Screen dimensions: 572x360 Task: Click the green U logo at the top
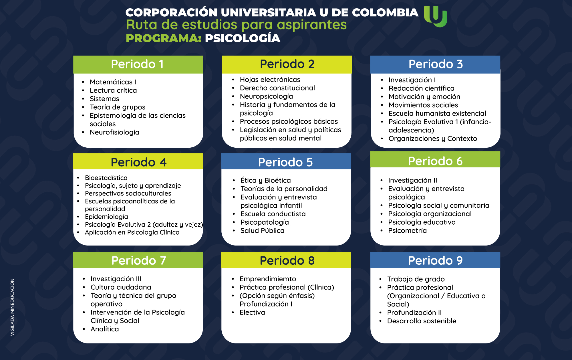point(435,16)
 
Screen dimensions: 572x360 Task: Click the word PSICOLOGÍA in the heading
point(243,38)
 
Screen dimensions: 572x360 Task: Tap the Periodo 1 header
point(138,64)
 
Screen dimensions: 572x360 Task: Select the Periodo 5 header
point(286,162)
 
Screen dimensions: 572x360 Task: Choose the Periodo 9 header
point(435,260)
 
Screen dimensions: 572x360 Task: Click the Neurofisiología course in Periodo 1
point(114,132)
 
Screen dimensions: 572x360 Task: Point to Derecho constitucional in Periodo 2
point(277,88)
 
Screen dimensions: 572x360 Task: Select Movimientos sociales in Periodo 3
point(423,105)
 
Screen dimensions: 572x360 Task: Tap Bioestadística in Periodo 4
point(106,178)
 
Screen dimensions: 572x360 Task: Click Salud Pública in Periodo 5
point(262,231)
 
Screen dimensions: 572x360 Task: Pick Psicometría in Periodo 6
point(407,231)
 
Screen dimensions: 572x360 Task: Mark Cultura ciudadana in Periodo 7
point(121,287)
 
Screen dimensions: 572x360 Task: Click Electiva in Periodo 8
point(252,312)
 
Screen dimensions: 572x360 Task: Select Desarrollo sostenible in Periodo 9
point(422,321)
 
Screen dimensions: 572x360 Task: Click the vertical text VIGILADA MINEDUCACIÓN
point(12,307)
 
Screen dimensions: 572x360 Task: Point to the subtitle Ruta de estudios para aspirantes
point(236,25)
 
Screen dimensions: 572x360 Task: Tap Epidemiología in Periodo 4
point(106,217)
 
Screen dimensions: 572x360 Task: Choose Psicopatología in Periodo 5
point(265,222)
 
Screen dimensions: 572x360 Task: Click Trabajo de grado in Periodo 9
point(416,279)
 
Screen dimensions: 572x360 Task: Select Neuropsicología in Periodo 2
point(266,96)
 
